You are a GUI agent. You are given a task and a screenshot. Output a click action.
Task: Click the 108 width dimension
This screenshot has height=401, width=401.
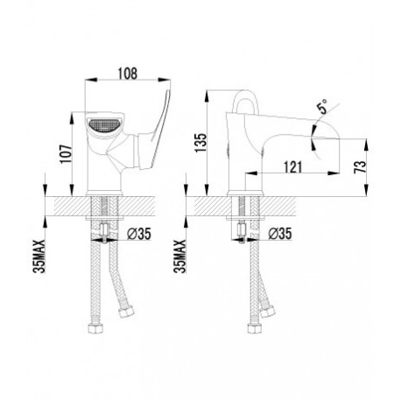pyautogui.click(x=128, y=74)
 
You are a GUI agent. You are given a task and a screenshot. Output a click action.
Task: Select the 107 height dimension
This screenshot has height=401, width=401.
pyautogui.click(x=66, y=154)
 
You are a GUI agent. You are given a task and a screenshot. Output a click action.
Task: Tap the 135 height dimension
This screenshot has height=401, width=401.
pyautogui.click(x=200, y=143)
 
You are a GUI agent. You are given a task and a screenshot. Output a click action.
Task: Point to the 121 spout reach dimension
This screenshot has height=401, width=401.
pyautogui.click(x=292, y=167)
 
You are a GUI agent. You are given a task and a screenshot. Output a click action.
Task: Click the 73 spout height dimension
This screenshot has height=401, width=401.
pyautogui.click(x=360, y=167)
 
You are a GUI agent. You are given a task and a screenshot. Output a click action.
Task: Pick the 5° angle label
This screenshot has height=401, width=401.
pyautogui.click(x=322, y=106)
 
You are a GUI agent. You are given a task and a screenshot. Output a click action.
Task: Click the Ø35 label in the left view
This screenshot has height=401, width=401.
pyautogui.click(x=139, y=234)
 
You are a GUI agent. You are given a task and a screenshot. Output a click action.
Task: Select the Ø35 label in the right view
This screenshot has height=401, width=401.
pyautogui.click(x=280, y=234)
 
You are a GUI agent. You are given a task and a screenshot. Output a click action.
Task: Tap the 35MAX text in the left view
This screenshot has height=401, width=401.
pyautogui.click(x=39, y=257)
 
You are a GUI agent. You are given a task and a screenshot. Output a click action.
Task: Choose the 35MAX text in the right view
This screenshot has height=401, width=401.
pyautogui.click(x=179, y=257)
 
